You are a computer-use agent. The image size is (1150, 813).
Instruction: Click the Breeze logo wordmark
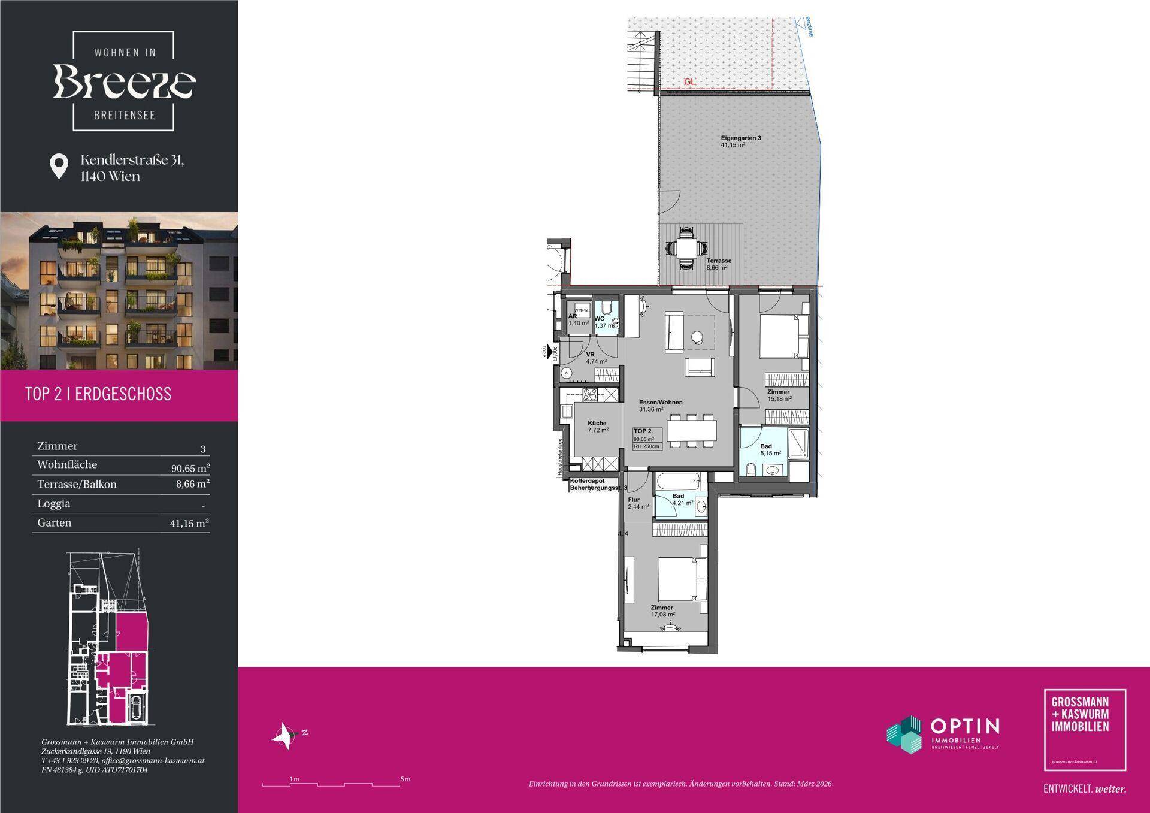124,82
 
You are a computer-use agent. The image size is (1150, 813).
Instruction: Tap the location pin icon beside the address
58,166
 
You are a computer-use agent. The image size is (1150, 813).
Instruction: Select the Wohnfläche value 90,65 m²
190,467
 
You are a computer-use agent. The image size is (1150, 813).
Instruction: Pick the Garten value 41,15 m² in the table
189,524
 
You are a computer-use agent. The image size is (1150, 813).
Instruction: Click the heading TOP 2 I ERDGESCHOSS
98,394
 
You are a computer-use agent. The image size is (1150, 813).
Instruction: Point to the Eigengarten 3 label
740,138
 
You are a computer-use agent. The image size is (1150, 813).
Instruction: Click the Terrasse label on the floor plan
718,261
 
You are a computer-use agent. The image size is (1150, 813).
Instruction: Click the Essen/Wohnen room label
660,403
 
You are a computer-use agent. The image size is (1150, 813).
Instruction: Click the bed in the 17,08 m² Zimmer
682,579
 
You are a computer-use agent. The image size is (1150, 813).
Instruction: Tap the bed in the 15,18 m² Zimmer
783,337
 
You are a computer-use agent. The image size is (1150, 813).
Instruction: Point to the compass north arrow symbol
285,735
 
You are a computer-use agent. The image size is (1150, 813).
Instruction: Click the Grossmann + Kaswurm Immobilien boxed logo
1084,729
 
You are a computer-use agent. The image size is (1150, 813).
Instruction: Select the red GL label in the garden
689,82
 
